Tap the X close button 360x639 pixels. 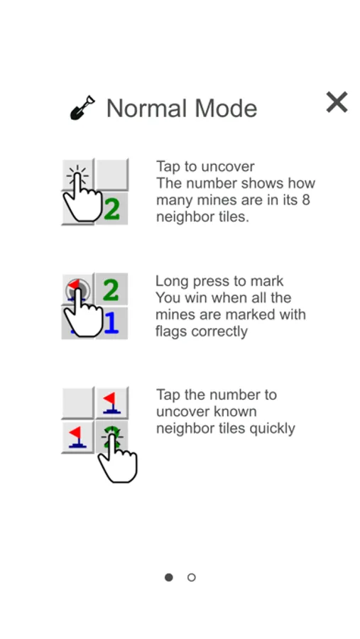pyautogui.click(x=337, y=102)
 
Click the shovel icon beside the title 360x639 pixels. pyautogui.click(x=82, y=108)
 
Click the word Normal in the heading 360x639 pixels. pyautogui.click(x=147, y=109)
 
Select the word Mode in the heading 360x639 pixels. pyautogui.click(x=226, y=109)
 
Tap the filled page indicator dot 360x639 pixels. pyautogui.click(x=169, y=577)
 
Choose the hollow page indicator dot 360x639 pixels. pyautogui.click(x=191, y=577)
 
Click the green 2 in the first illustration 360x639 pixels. pyautogui.click(x=111, y=209)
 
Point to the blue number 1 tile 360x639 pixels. pyautogui.click(x=111, y=323)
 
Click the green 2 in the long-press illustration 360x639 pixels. pyautogui.click(x=111, y=290)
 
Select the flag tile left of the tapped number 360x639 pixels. pyautogui.click(x=78, y=437)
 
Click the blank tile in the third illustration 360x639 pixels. pyautogui.click(x=78, y=403)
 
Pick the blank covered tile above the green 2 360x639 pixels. pyautogui.click(x=111, y=175)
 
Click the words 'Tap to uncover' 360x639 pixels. pyautogui.click(x=205, y=166)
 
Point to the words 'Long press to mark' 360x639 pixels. pyautogui.click(x=219, y=280)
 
